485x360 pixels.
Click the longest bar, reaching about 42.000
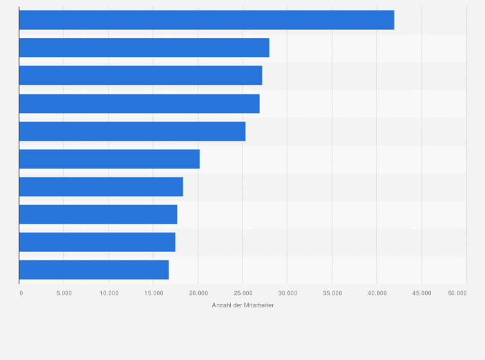(206, 20)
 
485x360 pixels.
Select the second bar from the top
(144, 48)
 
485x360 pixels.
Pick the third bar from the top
(141, 75)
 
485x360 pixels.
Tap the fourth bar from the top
(140, 104)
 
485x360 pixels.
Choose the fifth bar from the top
(133, 131)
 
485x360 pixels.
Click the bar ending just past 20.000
(109, 159)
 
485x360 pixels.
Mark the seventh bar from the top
(101, 186)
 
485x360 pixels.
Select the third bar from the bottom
(98, 214)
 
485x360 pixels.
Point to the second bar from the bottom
(97, 242)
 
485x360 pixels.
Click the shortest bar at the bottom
(94, 269)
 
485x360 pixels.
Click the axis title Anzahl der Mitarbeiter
(243, 305)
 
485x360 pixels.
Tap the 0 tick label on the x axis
(21, 293)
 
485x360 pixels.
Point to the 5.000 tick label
(64, 293)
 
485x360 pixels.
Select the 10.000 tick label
(109, 293)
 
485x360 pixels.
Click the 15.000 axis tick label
(153, 293)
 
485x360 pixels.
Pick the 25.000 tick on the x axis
(243, 293)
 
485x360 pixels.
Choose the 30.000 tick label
(288, 293)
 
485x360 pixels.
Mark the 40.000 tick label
(377, 293)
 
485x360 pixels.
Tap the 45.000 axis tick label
(421, 293)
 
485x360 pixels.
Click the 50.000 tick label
(457, 293)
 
